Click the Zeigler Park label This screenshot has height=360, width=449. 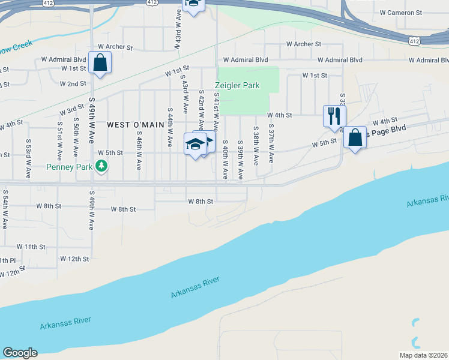pyautogui.click(x=237, y=85)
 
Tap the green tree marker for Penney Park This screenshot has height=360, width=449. pyautogui.click(x=103, y=165)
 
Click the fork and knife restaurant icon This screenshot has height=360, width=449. pyautogui.click(x=334, y=116)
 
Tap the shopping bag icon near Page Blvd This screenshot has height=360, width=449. pyautogui.click(x=355, y=138)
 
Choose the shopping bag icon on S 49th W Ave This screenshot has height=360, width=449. pyautogui.click(x=100, y=62)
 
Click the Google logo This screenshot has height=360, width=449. pyautogui.click(x=20, y=353)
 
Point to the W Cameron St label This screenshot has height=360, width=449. pyautogui.click(x=401, y=13)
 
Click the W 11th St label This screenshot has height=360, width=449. pyautogui.click(x=31, y=247)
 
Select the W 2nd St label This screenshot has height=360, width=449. pyautogui.click(x=73, y=83)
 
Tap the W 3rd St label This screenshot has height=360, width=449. pyautogui.click(x=71, y=111)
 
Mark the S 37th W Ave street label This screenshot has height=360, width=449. pyautogui.click(x=271, y=145)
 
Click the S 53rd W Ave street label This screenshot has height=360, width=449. pyautogui.click(x=28, y=159)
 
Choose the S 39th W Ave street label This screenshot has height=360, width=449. pyautogui.click(x=240, y=160)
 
